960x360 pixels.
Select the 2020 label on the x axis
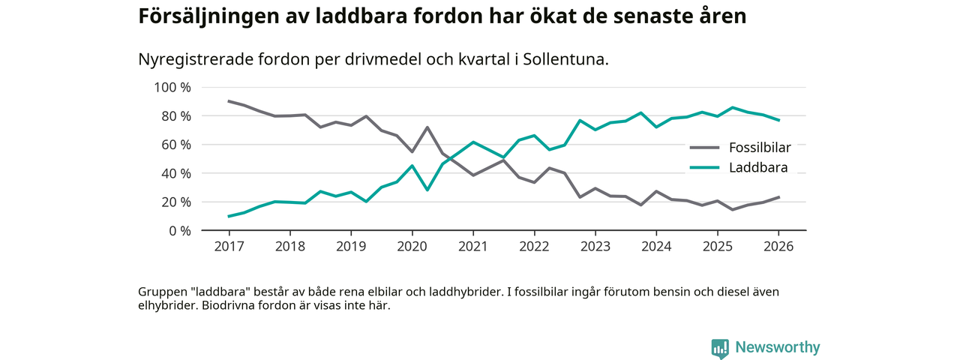[412, 246]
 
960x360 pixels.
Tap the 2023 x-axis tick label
[595, 246]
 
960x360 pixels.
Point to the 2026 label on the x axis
[778, 246]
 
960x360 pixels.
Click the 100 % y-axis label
[172, 88]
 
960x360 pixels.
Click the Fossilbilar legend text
[760, 148]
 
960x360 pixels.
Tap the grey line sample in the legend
[704, 148]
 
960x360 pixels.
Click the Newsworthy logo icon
[720, 348]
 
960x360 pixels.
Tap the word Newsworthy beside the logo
[777, 348]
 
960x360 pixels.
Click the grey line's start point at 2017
[228, 101]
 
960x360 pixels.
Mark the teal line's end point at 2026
[778, 120]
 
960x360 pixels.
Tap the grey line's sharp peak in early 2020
[427, 127]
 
